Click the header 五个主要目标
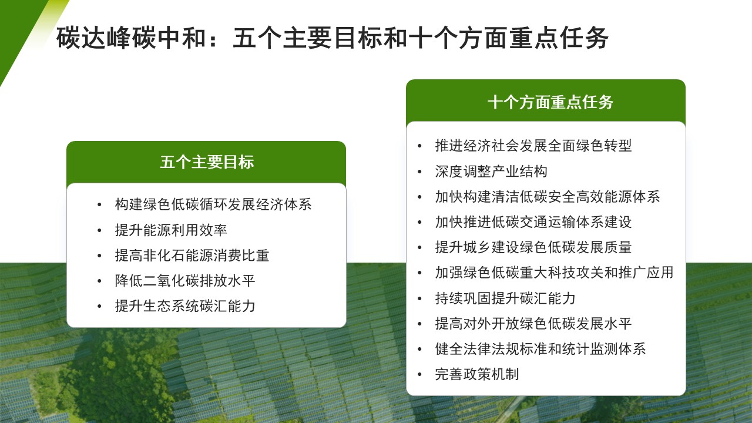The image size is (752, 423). click(x=206, y=162)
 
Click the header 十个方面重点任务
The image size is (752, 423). click(x=550, y=102)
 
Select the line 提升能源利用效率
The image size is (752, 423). click(x=171, y=230)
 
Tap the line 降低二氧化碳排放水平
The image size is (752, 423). click(x=185, y=280)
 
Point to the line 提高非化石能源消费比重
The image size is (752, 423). click(x=192, y=255)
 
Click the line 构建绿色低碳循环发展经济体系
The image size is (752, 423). click(x=213, y=204)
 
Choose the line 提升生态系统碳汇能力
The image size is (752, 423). click(x=185, y=306)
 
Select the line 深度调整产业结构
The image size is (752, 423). click(x=491, y=171)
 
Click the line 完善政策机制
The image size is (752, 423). click(x=477, y=374)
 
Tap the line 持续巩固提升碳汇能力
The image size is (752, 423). click(x=505, y=298)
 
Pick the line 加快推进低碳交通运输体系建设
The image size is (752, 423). click(x=533, y=222)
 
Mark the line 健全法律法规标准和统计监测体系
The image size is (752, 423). click(x=540, y=348)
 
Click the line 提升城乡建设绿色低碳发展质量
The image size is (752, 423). click(x=533, y=247)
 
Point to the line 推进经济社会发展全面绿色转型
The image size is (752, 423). click(x=533, y=146)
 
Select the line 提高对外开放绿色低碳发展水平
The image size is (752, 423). click(x=533, y=323)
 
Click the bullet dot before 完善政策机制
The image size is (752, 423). click(x=419, y=375)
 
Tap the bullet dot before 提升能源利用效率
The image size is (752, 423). click(x=99, y=230)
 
